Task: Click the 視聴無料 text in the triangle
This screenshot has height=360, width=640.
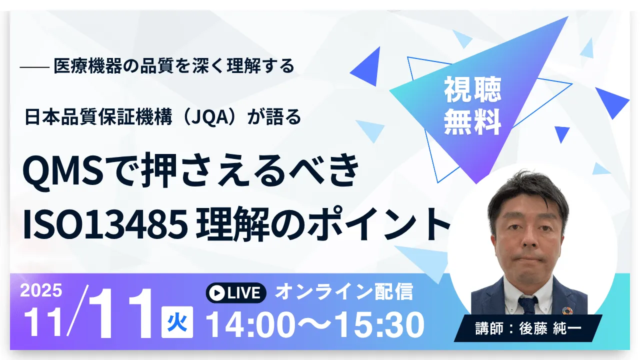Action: [473, 105]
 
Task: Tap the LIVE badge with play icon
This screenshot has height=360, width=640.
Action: [236, 293]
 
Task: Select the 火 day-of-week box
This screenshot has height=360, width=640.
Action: [177, 322]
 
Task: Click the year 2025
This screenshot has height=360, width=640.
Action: [41, 290]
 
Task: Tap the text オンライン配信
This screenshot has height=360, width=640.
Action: [344, 291]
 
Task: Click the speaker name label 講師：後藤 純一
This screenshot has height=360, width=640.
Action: [528, 328]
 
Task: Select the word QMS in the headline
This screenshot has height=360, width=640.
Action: [63, 170]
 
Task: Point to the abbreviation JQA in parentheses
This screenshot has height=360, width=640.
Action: [210, 117]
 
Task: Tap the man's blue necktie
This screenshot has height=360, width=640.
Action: [528, 304]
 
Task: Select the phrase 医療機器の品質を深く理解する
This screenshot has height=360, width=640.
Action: [174, 66]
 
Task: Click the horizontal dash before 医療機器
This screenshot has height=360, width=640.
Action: [34, 67]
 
